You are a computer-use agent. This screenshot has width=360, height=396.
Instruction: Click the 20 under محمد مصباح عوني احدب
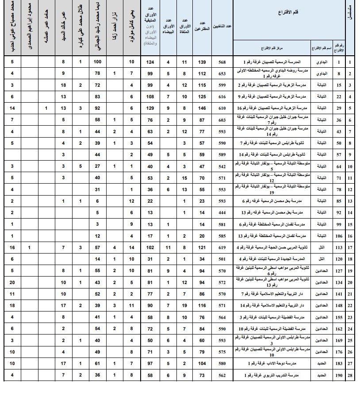coord(12,282)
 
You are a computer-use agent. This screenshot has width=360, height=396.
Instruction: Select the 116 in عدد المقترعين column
coord(202,306)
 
